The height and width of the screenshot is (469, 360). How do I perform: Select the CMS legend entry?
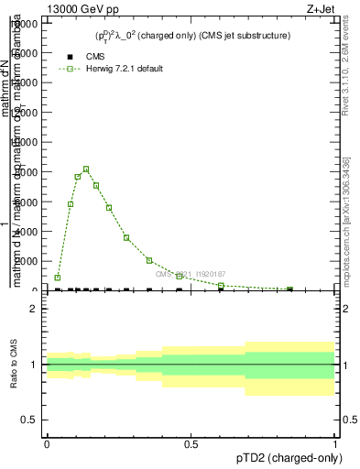[82, 56]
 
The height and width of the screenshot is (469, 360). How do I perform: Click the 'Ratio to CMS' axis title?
[14, 365]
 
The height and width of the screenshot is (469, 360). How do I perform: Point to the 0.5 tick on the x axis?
[191, 444]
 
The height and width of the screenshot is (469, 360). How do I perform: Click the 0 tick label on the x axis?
[47, 444]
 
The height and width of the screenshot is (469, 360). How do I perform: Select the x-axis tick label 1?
[335, 444]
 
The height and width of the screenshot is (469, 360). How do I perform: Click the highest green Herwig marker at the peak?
[86, 169]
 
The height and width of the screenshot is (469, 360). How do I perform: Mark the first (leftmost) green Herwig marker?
[58, 278]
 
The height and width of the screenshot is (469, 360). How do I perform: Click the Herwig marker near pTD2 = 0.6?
[221, 286]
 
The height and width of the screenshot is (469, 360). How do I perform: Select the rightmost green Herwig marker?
[290, 289]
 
